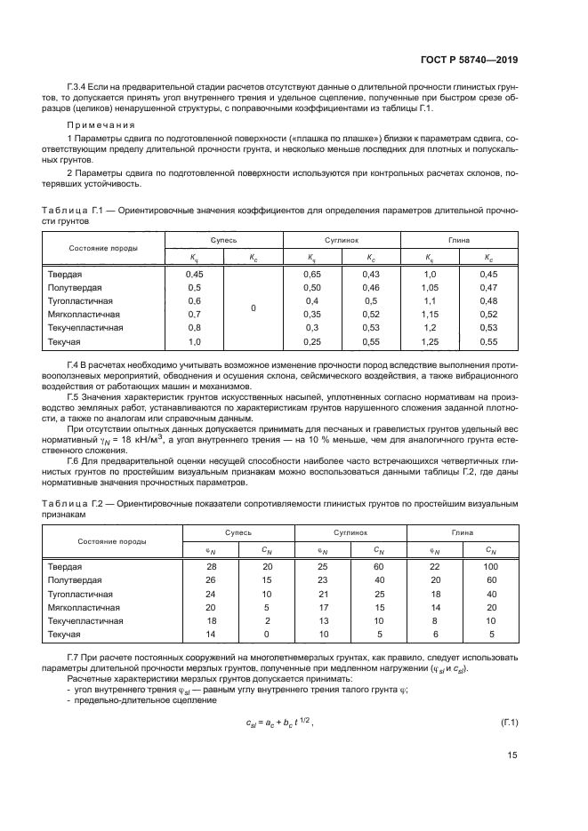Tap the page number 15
(x=512, y=755)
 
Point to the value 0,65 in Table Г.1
(x=312, y=274)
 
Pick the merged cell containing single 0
(x=253, y=308)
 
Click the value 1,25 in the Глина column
(x=430, y=341)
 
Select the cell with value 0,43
(x=371, y=274)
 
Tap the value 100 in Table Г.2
(x=491, y=566)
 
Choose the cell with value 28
(x=212, y=566)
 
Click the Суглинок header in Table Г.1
(x=342, y=240)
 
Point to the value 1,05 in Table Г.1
(x=430, y=288)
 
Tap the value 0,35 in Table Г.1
(x=312, y=315)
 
